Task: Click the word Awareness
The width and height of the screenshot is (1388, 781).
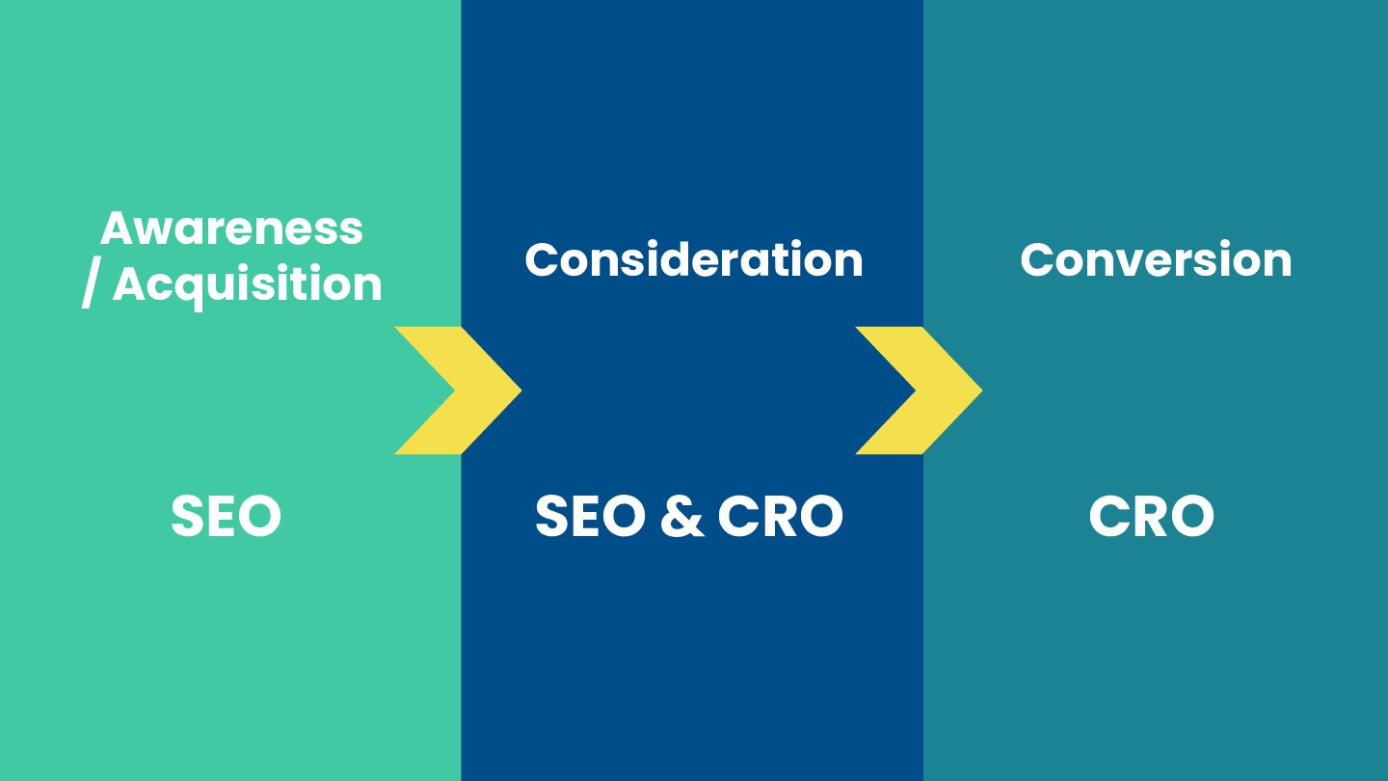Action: [x=231, y=229]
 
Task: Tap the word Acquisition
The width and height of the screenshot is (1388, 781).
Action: [x=248, y=284]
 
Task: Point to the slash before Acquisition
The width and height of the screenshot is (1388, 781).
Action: [x=90, y=285]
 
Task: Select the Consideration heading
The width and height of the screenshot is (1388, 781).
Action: [x=693, y=259]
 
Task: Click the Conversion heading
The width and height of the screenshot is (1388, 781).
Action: [x=1156, y=259]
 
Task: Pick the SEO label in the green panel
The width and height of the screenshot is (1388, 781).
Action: [x=226, y=516]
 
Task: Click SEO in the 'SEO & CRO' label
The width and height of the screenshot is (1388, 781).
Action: [x=590, y=516]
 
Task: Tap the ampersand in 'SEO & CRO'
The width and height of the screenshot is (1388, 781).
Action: [x=682, y=516]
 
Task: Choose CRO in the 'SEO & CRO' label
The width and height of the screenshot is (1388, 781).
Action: [x=781, y=516]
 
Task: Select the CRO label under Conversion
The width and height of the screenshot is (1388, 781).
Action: [x=1151, y=516]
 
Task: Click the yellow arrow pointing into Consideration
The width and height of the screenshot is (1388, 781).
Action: [x=459, y=390]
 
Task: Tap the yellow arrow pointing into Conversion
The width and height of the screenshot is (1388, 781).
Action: [x=920, y=390]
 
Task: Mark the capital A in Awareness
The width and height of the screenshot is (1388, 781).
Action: [x=118, y=229]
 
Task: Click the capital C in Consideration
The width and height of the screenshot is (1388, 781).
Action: [x=544, y=259]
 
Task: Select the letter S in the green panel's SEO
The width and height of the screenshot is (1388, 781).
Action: [x=189, y=516]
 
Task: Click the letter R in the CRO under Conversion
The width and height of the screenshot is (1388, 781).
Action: [x=1151, y=516]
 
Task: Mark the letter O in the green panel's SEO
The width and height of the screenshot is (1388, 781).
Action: [x=258, y=516]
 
